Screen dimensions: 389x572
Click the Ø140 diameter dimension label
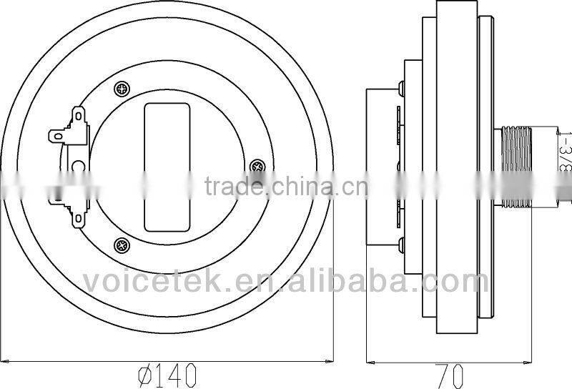[x=166, y=373]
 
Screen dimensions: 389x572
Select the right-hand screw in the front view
[x=257, y=167]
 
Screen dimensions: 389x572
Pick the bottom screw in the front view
[x=123, y=245]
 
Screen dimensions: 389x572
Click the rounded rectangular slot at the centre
[x=167, y=167]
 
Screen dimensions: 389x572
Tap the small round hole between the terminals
[x=78, y=166]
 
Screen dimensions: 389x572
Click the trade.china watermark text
[x=286, y=187]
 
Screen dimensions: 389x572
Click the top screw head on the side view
[x=402, y=88]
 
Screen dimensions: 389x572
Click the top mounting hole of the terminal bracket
[x=77, y=113]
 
